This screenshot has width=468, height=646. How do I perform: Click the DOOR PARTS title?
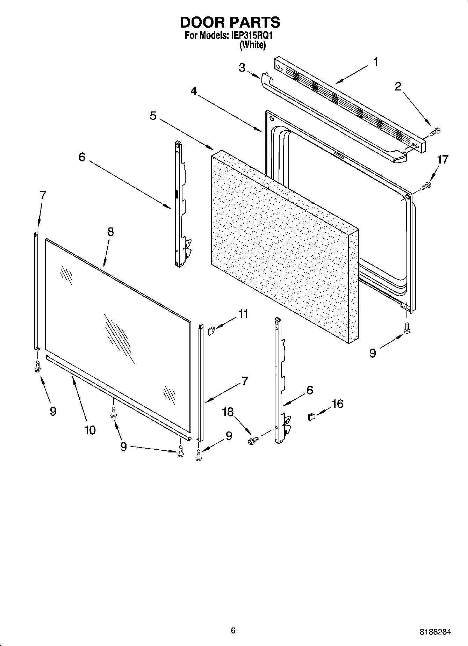(x=230, y=22)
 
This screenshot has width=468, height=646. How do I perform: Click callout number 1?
(x=376, y=62)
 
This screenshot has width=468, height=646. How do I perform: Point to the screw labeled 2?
(x=435, y=132)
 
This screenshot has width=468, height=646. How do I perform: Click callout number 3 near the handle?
(x=242, y=67)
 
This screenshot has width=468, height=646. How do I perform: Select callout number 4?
(x=194, y=91)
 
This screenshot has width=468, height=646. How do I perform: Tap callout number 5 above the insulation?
(x=153, y=116)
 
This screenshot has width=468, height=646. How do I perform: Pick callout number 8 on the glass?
(x=110, y=232)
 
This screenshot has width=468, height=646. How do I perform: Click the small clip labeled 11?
(x=211, y=331)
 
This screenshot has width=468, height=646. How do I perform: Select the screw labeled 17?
(x=426, y=186)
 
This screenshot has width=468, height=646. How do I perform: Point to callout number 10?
(x=90, y=430)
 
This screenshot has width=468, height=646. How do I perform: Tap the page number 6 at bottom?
(x=233, y=630)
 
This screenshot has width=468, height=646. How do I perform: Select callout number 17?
(x=442, y=160)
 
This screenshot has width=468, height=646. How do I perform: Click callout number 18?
(x=228, y=412)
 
